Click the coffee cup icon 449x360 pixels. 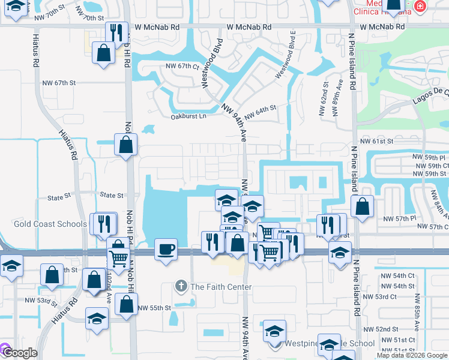pyautogui.click(x=165, y=249)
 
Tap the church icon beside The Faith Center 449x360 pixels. pyautogui.click(x=181, y=287)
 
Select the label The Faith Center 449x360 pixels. pyautogui.click(x=221, y=287)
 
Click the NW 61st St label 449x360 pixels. pyautogui.click(x=376, y=141)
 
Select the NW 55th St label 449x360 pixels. pyautogui.click(x=154, y=308)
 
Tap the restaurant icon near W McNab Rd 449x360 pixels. pyautogui.click(x=115, y=32)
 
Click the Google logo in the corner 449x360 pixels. pyautogui.click(x=20, y=353)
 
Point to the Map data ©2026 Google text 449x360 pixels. pyautogui.click(x=412, y=355)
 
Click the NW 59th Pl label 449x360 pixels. pyautogui.click(x=430, y=157)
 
